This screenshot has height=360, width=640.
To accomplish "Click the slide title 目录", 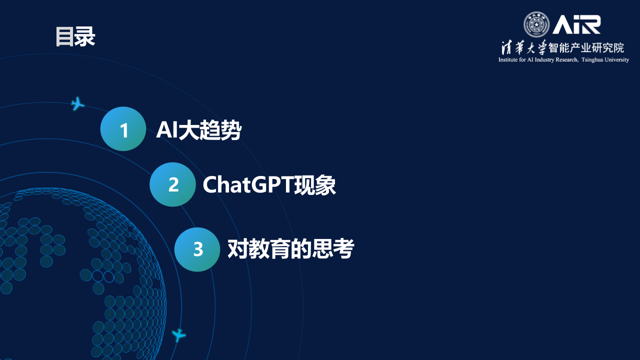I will point(75,37).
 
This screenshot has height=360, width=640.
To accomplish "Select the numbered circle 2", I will point(172,184).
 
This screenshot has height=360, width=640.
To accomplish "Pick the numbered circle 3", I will point(197,249).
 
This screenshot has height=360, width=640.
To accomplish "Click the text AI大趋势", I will point(199,130).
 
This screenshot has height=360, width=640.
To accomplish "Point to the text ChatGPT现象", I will point(269,185).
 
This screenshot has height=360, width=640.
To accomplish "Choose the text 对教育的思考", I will point(290,249).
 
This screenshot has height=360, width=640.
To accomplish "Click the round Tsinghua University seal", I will point(536,24).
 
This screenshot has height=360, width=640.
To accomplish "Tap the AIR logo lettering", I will point(576,24).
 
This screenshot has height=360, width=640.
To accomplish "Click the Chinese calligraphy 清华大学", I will point(524,48).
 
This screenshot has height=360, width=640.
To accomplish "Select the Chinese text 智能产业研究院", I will point(586,48).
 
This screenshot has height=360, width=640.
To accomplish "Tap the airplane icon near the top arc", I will point(77,103).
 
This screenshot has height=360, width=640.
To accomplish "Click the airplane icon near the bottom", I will point(178,334).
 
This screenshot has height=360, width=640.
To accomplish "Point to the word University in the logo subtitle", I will point(616,60).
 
